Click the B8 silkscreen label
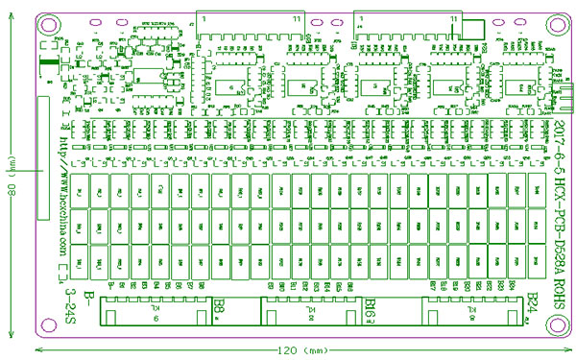click(x=220, y=305)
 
